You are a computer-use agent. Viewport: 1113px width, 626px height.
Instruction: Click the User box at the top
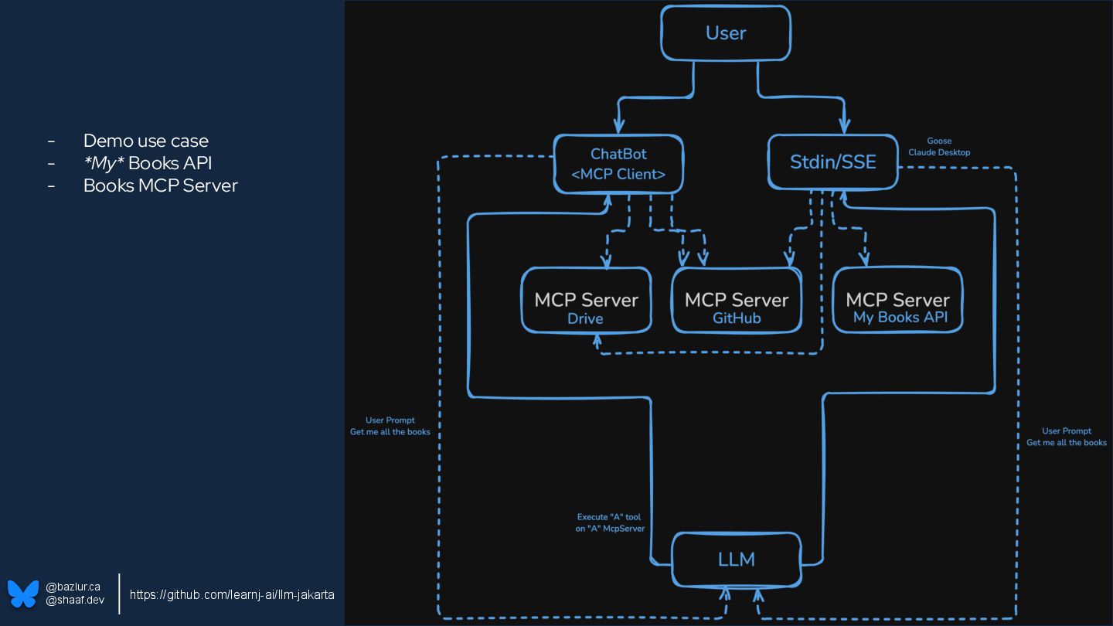coord(726,33)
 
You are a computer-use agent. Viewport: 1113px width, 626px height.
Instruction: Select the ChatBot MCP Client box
coord(618,164)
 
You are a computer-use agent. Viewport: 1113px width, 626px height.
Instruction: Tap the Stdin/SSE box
coord(832,162)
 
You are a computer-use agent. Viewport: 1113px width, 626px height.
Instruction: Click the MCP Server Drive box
coord(586,301)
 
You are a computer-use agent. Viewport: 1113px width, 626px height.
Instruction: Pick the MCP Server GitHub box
coord(736,301)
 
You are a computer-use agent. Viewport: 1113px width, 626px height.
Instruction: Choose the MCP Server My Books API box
coord(897,301)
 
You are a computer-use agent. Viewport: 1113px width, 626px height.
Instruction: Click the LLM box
coord(736,560)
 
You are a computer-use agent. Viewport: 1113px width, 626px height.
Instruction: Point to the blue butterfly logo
coord(23,594)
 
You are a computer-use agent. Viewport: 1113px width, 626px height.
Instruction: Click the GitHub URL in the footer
coord(232,594)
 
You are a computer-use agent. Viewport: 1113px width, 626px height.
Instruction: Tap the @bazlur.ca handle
coord(73,587)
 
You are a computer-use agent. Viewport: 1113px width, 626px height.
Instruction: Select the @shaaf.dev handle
coord(75,600)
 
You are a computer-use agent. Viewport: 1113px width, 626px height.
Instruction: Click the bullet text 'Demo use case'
coord(145,141)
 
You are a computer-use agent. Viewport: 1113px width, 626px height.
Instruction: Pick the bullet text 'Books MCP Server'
coord(160,185)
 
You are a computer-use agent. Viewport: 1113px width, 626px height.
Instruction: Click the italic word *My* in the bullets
coord(104,163)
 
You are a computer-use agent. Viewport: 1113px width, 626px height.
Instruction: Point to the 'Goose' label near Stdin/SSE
coord(939,141)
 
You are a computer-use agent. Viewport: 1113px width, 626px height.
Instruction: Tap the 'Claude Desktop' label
coord(939,152)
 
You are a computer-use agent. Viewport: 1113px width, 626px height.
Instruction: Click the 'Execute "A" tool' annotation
coord(609,517)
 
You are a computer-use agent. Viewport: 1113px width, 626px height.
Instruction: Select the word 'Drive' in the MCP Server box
coord(585,318)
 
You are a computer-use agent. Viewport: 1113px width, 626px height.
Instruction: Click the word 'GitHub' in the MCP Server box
coord(737,318)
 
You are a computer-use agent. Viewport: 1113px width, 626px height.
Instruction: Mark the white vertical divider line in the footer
coord(119,594)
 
